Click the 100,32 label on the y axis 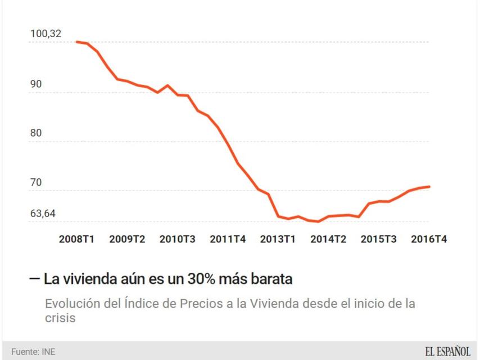pyautogui.click(x=46, y=34)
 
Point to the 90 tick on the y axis pyautogui.click(x=36, y=84)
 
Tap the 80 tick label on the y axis pyautogui.click(x=36, y=134)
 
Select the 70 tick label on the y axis pyautogui.click(x=36, y=183)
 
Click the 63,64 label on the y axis pyautogui.click(x=43, y=214)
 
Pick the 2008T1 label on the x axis pyautogui.click(x=77, y=238)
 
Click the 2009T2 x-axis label pyautogui.click(x=127, y=238)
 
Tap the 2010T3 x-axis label pyautogui.click(x=178, y=238)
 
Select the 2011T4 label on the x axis pyautogui.click(x=228, y=238)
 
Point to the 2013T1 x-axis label pyautogui.click(x=278, y=238)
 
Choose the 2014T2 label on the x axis pyautogui.click(x=328, y=238)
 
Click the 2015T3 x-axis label pyautogui.click(x=379, y=238)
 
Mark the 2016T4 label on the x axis pyautogui.click(x=429, y=238)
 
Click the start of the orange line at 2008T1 pyautogui.click(x=77, y=42)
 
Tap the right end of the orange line pyautogui.click(x=429, y=186)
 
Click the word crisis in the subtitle pyautogui.click(x=60, y=318)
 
